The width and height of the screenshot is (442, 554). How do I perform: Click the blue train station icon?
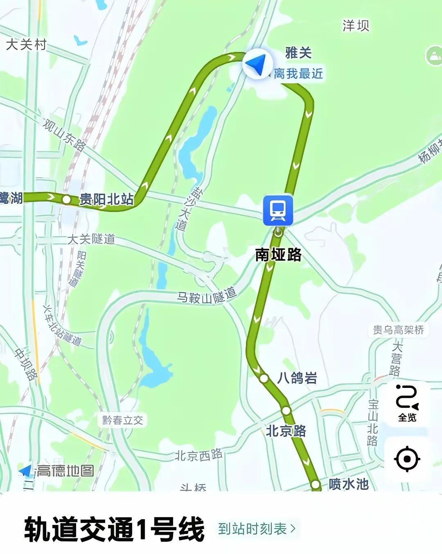278,210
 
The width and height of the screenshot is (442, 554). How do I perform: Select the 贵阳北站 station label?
106,200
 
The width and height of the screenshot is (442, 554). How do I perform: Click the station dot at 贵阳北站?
66,200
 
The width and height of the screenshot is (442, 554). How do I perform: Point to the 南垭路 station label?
278,254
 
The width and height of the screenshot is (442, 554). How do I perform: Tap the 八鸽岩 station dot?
264,378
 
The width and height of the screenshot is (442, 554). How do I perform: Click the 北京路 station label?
286,431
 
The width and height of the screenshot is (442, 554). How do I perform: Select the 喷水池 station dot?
316,484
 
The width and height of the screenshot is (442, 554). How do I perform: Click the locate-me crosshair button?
407,459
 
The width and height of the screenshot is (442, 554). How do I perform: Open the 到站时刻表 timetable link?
256,529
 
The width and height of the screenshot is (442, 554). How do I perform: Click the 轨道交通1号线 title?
114,529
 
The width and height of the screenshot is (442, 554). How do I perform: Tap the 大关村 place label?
26,44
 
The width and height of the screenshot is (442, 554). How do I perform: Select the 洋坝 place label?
356,26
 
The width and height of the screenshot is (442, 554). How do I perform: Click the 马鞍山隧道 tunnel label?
207,295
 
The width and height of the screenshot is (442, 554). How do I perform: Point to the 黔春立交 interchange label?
123,420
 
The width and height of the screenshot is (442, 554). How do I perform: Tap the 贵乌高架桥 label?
398,330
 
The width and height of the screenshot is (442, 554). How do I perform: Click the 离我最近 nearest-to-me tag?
298,74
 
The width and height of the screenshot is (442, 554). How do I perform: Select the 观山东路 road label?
64,135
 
